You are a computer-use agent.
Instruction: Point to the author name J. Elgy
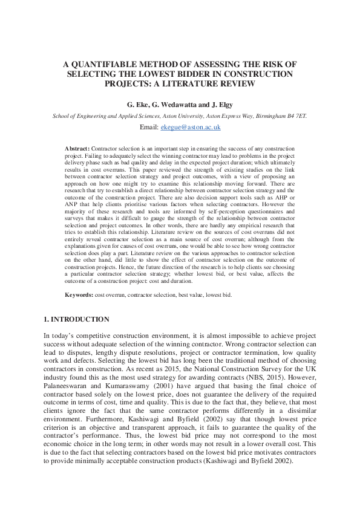pos(224,104)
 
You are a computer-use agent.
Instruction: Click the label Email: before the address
pos(149,128)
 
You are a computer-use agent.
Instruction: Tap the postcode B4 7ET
pos(296,115)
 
